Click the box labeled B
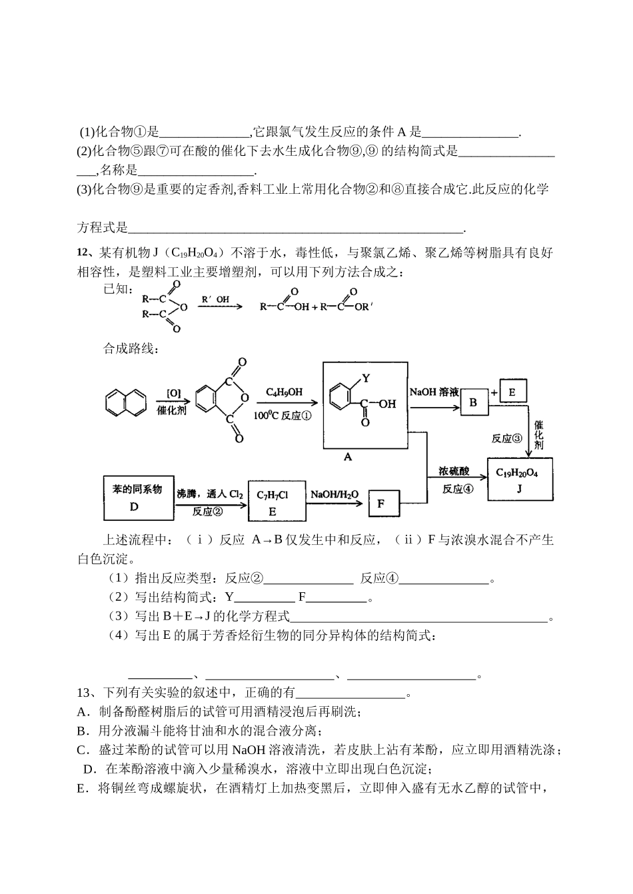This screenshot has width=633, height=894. point(473,402)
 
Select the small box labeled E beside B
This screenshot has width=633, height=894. point(512,392)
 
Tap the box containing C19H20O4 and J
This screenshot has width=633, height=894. point(520,479)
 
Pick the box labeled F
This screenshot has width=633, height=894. point(383,503)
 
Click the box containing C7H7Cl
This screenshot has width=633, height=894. point(273,501)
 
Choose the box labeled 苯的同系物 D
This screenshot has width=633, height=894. point(137,498)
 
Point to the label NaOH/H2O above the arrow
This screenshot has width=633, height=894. point(334,494)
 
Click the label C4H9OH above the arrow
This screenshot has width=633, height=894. point(283,392)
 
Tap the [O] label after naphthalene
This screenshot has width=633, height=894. point(173,393)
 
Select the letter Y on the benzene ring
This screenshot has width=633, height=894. point(366,378)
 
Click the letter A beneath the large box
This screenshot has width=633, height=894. point(348,458)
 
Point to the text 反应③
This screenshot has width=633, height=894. point(506,438)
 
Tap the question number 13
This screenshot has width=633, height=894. point(85,693)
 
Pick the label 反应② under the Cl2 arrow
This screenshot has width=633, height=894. point(207,511)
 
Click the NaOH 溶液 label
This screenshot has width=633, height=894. point(434,392)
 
